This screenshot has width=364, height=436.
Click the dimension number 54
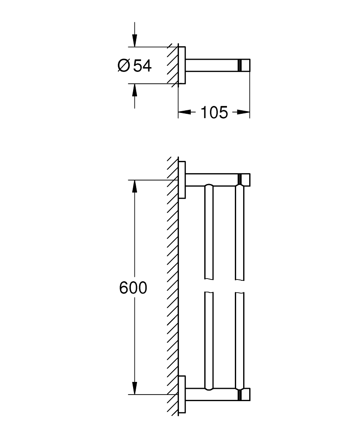142,66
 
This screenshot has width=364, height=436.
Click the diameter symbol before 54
124,66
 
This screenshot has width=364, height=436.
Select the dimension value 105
214,112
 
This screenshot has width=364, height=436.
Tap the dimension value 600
133,288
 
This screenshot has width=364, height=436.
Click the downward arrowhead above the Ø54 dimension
134,41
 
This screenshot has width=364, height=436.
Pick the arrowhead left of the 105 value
184,112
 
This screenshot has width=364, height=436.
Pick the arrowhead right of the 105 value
244,112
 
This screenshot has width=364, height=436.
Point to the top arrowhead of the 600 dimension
134,186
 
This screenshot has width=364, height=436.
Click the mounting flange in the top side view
183,66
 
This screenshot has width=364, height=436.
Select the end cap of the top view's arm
245,66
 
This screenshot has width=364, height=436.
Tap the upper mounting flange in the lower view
183,180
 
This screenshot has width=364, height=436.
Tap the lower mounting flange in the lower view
183,395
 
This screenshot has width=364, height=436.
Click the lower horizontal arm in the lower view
212,395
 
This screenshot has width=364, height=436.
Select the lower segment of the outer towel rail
240,340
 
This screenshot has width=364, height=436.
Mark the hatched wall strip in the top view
172,66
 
